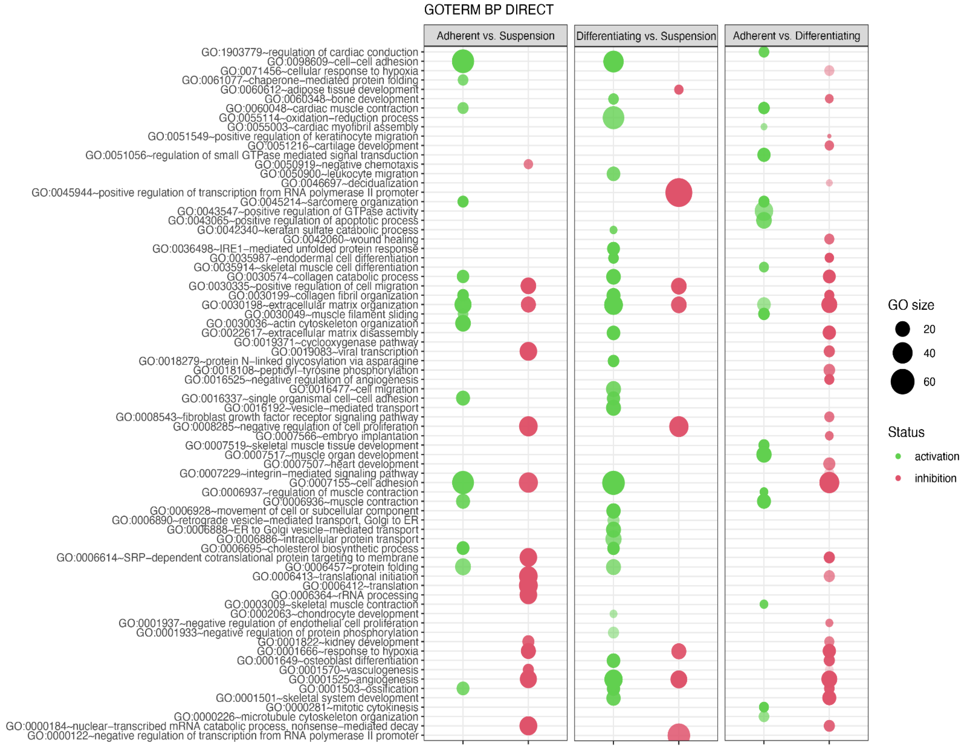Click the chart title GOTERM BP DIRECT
[488, 10]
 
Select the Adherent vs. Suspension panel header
[495, 36]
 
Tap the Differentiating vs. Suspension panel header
[646, 36]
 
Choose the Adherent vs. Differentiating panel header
[796, 36]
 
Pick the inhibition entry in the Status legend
[935, 478]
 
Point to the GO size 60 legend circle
[902, 381]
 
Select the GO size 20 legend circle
[902, 329]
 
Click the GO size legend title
[911, 305]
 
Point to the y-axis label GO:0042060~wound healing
[350, 239]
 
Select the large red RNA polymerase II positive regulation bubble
[679, 192]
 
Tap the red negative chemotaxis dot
[528, 164]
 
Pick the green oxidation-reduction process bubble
[613, 118]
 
